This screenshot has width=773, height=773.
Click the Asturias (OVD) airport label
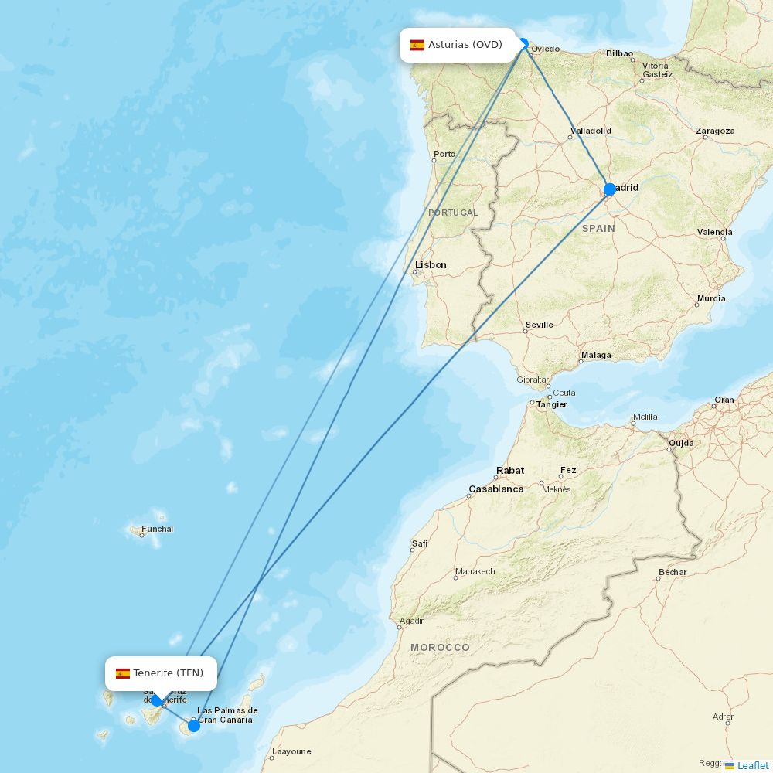tap(465, 45)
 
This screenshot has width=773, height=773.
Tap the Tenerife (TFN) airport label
tap(168, 673)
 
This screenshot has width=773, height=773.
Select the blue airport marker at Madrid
tap(609, 189)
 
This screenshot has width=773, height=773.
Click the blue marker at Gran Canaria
tap(194, 726)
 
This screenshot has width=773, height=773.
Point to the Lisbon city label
tap(431, 265)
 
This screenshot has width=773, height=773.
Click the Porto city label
tap(444, 154)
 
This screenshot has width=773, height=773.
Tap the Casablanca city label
tap(495, 489)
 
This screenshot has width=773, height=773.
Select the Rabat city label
tap(510, 471)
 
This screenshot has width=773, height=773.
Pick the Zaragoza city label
tap(715, 131)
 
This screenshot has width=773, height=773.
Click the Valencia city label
tap(714, 232)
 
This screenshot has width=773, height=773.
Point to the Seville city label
tap(539, 325)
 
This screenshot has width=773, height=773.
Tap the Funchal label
tap(157, 530)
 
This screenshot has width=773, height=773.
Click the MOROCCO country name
tap(440, 647)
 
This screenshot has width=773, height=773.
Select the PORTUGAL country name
tap(453, 213)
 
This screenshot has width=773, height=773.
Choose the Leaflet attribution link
tap(752, 765)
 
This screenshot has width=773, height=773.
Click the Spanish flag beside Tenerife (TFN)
tap(123, 673)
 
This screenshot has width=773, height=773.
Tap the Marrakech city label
tap(475, 572)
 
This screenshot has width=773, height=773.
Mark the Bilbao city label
tap(619, 53)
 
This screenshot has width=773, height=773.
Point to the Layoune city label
tap(291, 751)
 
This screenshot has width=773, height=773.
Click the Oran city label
tap(724, 400)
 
